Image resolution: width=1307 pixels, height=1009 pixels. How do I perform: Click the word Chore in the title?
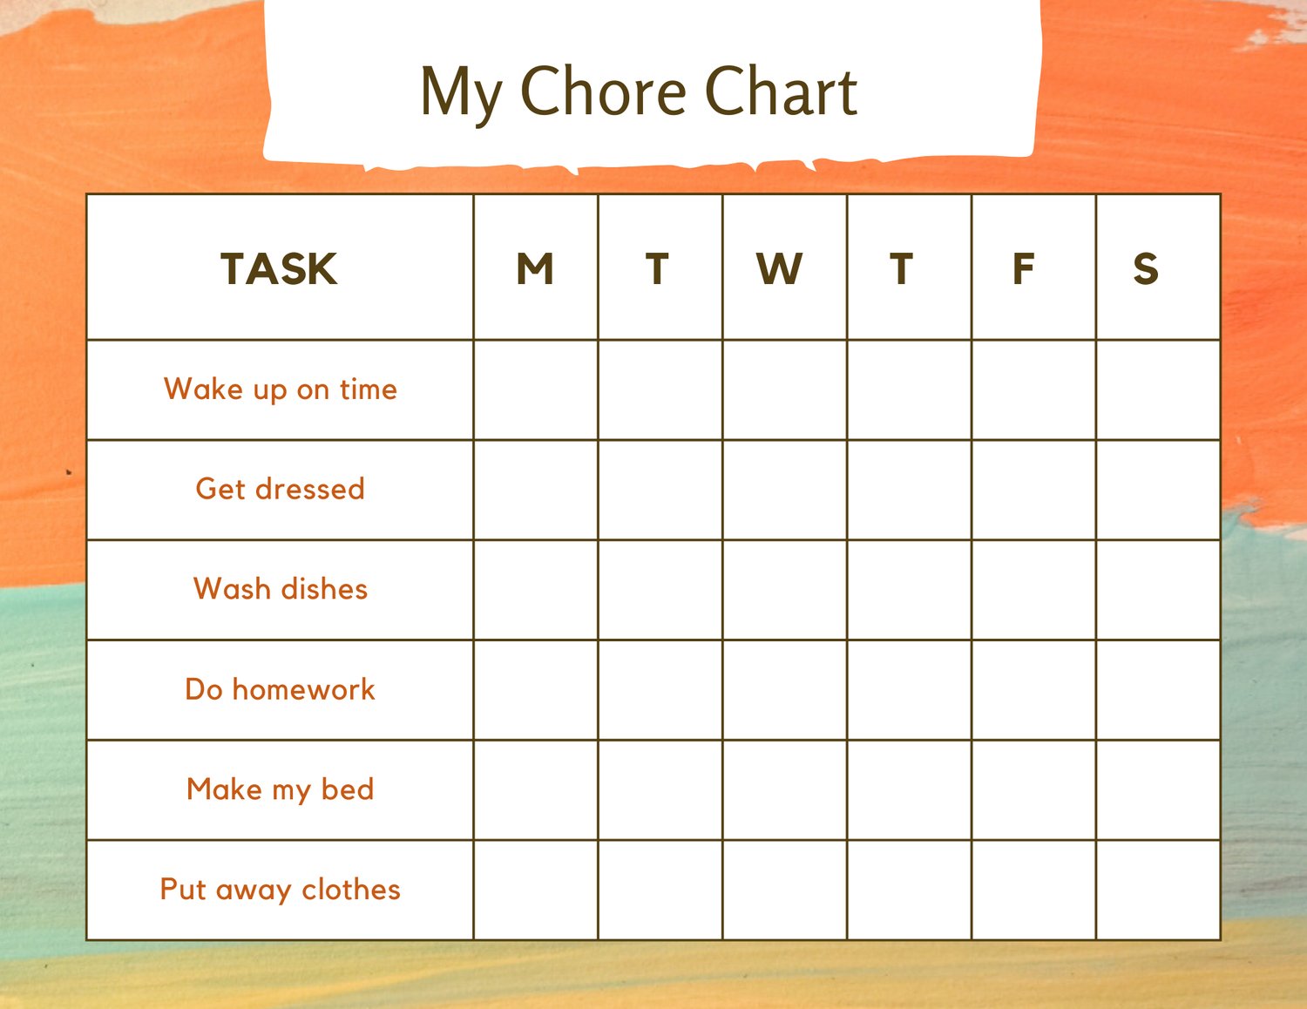click(603, 91)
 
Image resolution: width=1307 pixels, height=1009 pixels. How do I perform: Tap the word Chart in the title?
click(781, 91)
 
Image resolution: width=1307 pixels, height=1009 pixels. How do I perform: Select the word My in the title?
click(461, 96)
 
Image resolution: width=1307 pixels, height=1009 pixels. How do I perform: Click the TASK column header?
click(279, 268)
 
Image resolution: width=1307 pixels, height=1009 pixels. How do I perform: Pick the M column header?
click(535, 268)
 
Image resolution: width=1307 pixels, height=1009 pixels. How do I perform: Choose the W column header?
click(780, 268)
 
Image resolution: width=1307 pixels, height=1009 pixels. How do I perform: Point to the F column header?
click(1024, 268)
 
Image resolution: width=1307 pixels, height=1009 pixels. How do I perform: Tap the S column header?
click(1146, 268)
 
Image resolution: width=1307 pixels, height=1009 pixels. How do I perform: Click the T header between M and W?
click(657, 268)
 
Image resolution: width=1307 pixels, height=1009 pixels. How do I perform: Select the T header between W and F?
click(902, 268)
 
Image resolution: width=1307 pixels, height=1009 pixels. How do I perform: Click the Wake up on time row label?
click(281, 389)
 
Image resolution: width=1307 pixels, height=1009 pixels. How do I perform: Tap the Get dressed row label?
click(281, 488)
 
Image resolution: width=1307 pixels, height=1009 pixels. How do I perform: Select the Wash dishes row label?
click(281, 588)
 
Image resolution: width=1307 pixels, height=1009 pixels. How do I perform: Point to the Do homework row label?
click(280, 688)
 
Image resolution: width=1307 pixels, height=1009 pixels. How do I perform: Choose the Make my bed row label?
click(281, 789)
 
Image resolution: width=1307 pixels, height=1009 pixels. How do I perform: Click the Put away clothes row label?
click(281, 890)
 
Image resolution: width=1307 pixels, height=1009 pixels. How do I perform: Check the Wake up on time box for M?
click(535, 389)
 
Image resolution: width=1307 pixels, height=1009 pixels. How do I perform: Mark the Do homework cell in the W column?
click(784, 690)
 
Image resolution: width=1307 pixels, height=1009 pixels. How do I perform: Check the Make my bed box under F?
click(1033, 790)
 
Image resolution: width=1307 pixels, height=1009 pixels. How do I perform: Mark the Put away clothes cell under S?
click(1158, 890)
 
